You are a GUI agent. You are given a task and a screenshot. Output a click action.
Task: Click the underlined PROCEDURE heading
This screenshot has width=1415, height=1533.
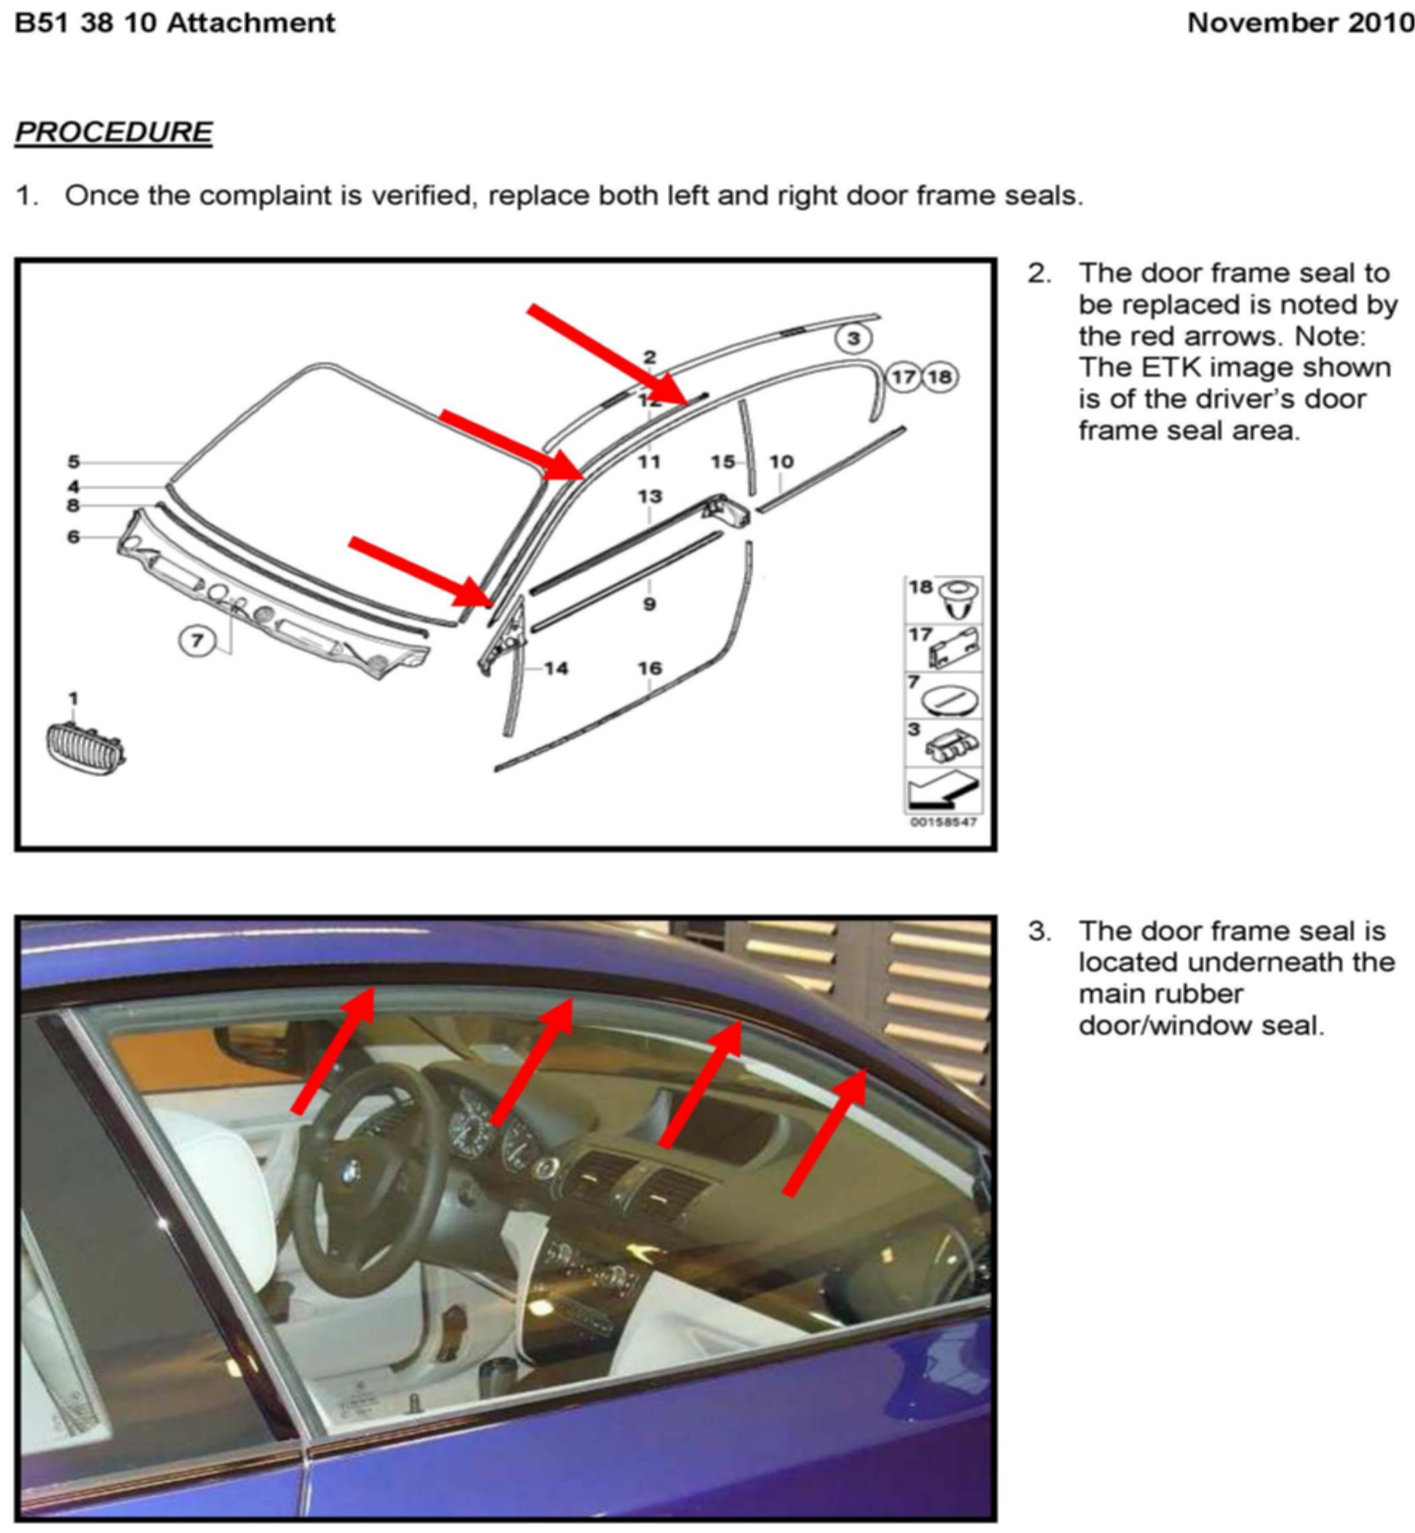[113, 132]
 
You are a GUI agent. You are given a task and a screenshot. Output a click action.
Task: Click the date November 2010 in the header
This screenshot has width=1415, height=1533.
[1300, 23]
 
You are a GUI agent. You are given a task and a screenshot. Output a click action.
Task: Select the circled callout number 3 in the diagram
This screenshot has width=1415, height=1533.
[854, 338]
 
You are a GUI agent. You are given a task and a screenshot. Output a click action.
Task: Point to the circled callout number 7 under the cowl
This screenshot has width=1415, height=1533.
[197, 640]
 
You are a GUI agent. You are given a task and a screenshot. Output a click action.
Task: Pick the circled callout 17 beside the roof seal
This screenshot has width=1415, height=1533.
[904, 377]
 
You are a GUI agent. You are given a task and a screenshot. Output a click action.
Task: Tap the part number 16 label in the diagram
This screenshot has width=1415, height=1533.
[649, 668]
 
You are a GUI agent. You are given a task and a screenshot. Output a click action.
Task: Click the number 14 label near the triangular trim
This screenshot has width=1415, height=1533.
[557, 668]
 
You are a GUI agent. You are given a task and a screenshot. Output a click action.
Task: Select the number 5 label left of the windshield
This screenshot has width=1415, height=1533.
[74, 461]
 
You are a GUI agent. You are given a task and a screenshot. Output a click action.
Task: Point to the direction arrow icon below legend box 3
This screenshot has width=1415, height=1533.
[944, 790]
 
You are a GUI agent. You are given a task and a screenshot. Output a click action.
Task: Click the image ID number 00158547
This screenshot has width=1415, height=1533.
[943, 822]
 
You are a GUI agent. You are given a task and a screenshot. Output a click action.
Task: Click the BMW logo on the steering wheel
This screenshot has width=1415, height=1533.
[351, 1170]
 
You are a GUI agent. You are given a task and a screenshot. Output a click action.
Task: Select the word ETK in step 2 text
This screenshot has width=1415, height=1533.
[1162, 368]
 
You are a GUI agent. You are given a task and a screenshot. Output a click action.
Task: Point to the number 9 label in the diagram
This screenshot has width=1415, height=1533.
[649, 604]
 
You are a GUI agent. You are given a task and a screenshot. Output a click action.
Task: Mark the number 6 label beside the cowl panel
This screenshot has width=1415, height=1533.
[74, 536]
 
